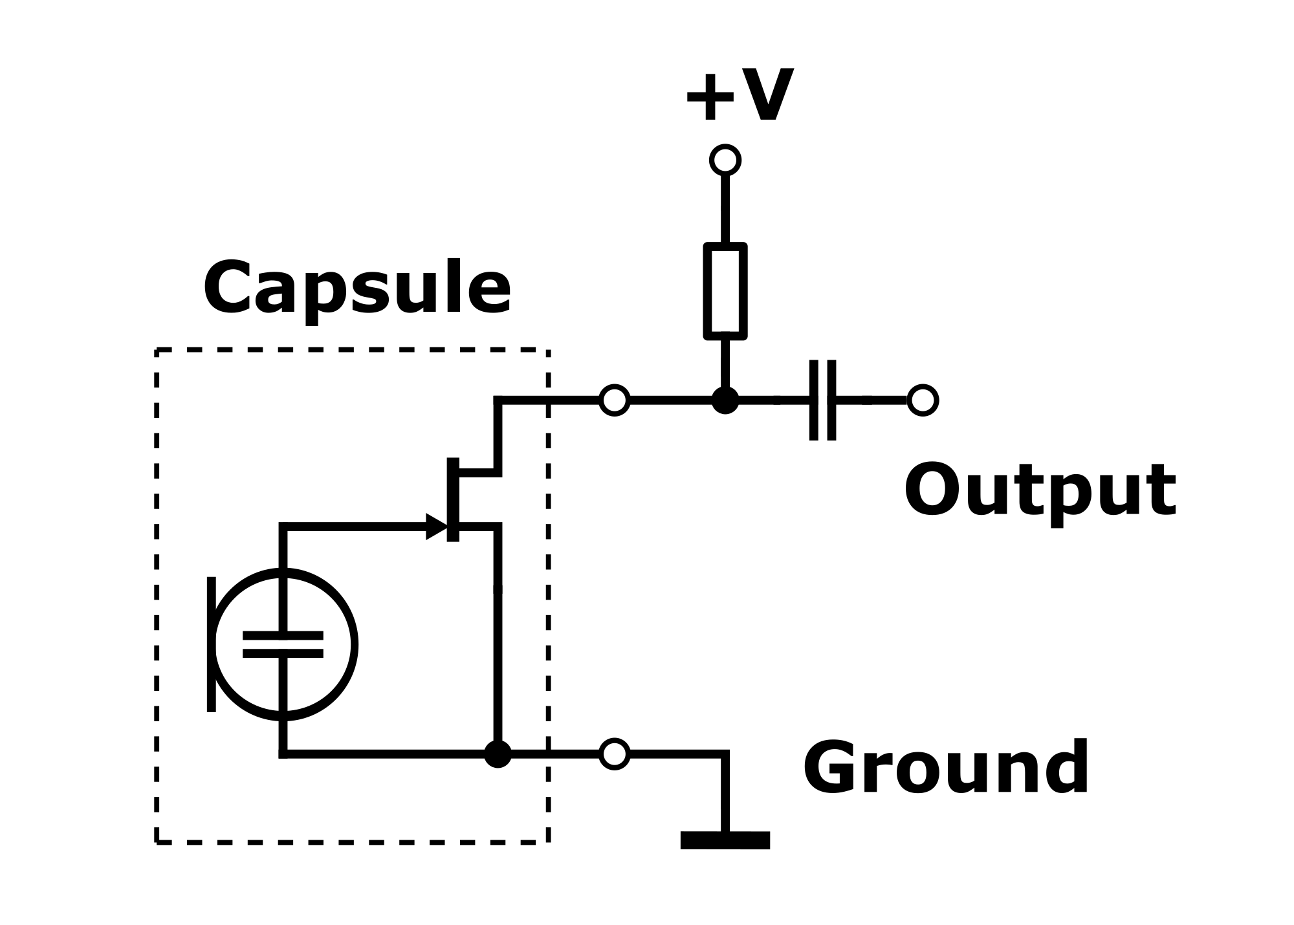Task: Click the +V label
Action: pyautogui.click(x=739, y=97)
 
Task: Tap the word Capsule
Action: pyautogui.click(x=357, y=289)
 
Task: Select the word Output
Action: pyautogui.click(x=1040, y=492)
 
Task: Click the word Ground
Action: pyautogui.click(x=947, y=767)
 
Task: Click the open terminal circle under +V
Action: pyautogui.click(x=725, y=160)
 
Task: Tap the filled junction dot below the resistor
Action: pyautogui.click(x=725, y=400)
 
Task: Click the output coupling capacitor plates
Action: pyautogui.click(x=823, y=400)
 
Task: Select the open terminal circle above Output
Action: pyautogui.click(x=923, y=400)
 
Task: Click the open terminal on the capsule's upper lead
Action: pyautogui.click(x=615, y=400)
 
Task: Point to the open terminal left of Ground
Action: pyautogui.click(x=615, y=754)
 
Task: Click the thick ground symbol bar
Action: pyautogui.click(x=725, y=840)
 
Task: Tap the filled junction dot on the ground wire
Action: pyautogui.click(x=498, y=754)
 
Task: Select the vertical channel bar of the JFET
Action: pyautogui.click(x=453, y=499)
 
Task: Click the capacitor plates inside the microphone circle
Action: pyautogui.click(x=283, y=644)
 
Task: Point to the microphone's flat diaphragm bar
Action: pyautogui.click(x=211, y=644)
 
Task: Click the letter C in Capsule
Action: pyautogui.click(x=229, y=288)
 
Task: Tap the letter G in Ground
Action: pyautogui.click(x=831, y=767)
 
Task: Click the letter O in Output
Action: pyautogui.click(x=934, y=490)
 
